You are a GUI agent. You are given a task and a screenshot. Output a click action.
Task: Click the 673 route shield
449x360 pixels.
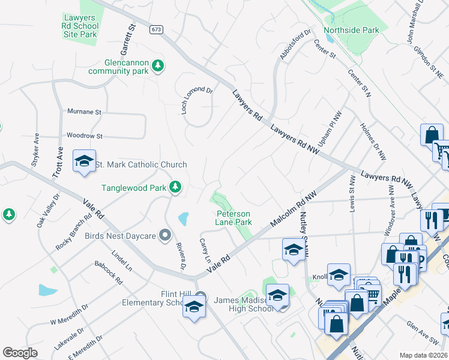pos(157,29)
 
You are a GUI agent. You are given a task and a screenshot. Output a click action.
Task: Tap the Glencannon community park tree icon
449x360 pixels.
pos(158,65)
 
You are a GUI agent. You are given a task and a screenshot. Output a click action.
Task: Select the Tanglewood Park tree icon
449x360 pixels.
pos(175,187)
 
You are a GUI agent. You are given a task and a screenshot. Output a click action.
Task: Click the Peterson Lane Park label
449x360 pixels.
pos(234,218)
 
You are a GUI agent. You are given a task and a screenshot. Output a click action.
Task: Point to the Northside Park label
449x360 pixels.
pos(351,30)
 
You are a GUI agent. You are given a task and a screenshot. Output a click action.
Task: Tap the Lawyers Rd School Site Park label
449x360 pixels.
pos(80,26)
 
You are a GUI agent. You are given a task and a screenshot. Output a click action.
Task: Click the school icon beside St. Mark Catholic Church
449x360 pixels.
pos(85,161)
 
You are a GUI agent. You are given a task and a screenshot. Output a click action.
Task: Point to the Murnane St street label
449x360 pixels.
pos(85,112)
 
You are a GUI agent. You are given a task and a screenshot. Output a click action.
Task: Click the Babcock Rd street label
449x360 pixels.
pos(109,273)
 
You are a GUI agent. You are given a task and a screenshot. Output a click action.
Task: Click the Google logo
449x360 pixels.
pos(20,353)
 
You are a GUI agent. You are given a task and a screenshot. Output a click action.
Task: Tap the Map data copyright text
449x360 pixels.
pos(424,355)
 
